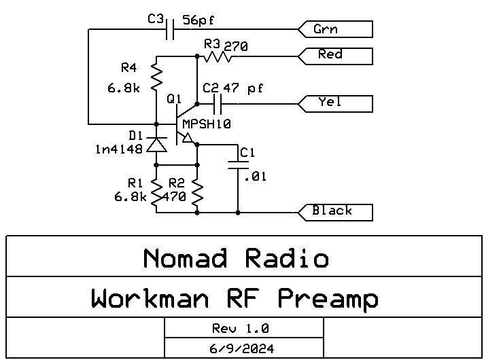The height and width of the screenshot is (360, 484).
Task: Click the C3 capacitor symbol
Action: [172, 29]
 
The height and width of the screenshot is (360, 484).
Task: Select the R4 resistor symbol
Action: [156, 77]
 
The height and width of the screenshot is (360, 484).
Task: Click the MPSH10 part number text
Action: [207, 124]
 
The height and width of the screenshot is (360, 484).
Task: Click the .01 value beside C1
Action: [256, 177]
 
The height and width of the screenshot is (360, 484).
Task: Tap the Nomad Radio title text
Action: [236, 258]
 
